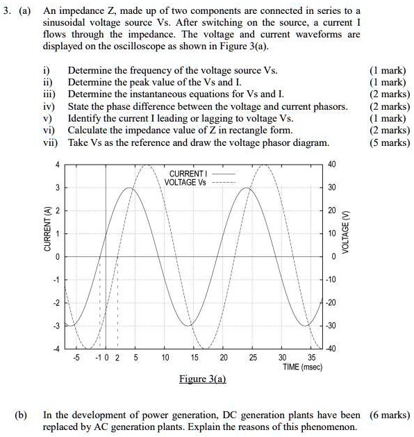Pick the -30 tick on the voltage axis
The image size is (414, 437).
(331, 324)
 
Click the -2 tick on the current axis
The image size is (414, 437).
(58, 303)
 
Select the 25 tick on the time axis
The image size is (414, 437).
(252, 357)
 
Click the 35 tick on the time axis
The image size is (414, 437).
(310, 357)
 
